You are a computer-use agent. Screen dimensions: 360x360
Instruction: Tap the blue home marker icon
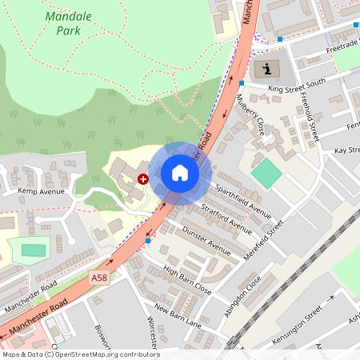pyautogui.click(x=180, y=173)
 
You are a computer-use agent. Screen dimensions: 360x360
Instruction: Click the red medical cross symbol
pyautogui.click(x=143, y=179)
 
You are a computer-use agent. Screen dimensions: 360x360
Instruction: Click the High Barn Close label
pyautogui.click(x=186, y=279)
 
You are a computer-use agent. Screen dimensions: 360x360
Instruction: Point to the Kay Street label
pyautogui.click(x=346, y=150)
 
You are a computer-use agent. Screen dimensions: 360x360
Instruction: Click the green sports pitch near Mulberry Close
pyautogui.click(x=266, y=173)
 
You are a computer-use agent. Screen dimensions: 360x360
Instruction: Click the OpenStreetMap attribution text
pyautogui.click(x=80, y=354)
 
